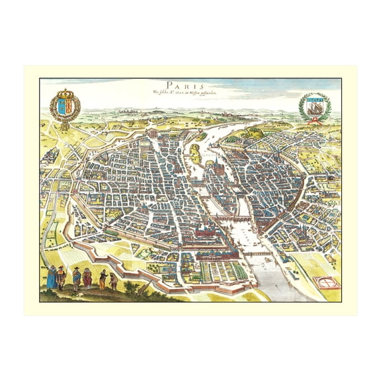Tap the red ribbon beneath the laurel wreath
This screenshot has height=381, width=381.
[x=314, y=120]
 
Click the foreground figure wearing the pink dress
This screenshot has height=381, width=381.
[x=87, y=278]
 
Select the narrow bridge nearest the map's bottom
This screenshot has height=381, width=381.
[x=258, y=253]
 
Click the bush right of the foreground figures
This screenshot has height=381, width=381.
[x=130, y=286]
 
